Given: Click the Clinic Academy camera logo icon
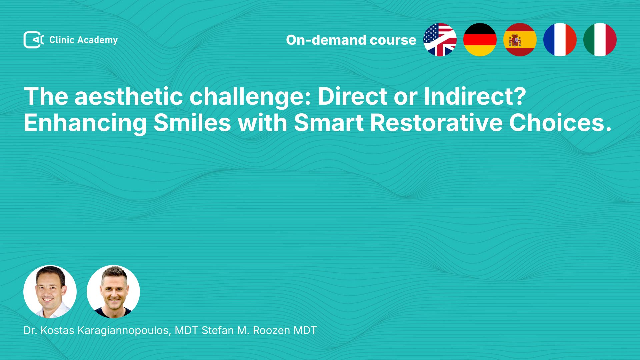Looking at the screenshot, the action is point(34,40).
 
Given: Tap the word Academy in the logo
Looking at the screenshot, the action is point(98,40).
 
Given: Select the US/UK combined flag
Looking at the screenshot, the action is point(440,40).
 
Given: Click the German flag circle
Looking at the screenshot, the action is point(480,40).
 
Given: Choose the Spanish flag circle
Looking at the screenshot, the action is point(520,40).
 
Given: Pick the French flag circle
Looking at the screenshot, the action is point(560,40).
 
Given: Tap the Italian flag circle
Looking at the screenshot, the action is point(600,40).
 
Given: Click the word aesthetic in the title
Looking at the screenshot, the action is point(129,96).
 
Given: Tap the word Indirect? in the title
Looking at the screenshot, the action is point(475,96).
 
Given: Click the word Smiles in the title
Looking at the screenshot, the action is point(192,123).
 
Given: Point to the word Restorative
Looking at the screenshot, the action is point(436,123).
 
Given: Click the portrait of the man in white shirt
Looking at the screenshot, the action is point(50,292).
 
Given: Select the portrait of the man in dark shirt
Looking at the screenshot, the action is point(113,292).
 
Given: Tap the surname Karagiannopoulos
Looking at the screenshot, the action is point(124,331).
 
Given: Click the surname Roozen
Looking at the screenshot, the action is point(271,330).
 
